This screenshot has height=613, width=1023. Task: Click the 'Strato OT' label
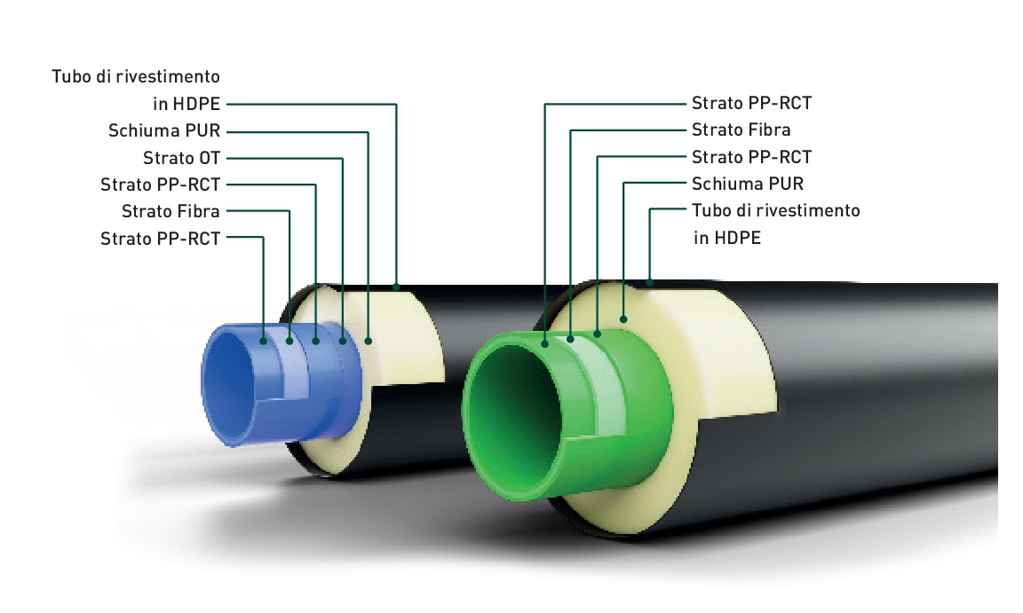(181, 159)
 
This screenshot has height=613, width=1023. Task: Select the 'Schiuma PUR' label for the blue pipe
(163, 132)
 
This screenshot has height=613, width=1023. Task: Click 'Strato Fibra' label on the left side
(170, 211)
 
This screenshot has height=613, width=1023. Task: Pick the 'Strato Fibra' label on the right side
(741, 130)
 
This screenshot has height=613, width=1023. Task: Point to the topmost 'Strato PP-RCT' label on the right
(751, 104)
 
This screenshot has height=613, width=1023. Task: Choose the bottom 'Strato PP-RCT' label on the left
(160, 238)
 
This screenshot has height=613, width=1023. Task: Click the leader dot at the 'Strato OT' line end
(343, 340)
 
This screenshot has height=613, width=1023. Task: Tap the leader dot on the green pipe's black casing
(651, 283)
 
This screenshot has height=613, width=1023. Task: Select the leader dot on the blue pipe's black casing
(396, 287)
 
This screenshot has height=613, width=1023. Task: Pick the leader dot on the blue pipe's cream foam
(369, 340)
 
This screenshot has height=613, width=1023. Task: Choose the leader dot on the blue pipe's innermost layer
(264, 340)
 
